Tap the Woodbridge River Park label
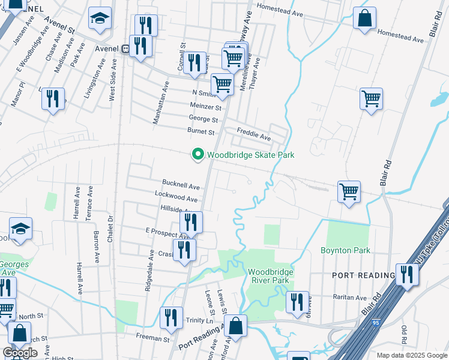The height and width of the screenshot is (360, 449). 271,277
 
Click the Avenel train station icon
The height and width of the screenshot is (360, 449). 126,50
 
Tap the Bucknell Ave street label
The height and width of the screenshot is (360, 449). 181,182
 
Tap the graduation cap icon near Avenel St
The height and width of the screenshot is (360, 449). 100,19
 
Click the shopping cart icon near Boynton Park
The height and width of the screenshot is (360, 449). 349,192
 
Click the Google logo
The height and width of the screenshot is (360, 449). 20,353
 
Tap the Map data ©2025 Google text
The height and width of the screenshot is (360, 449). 412,355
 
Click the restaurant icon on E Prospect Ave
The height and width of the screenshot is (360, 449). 191,223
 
